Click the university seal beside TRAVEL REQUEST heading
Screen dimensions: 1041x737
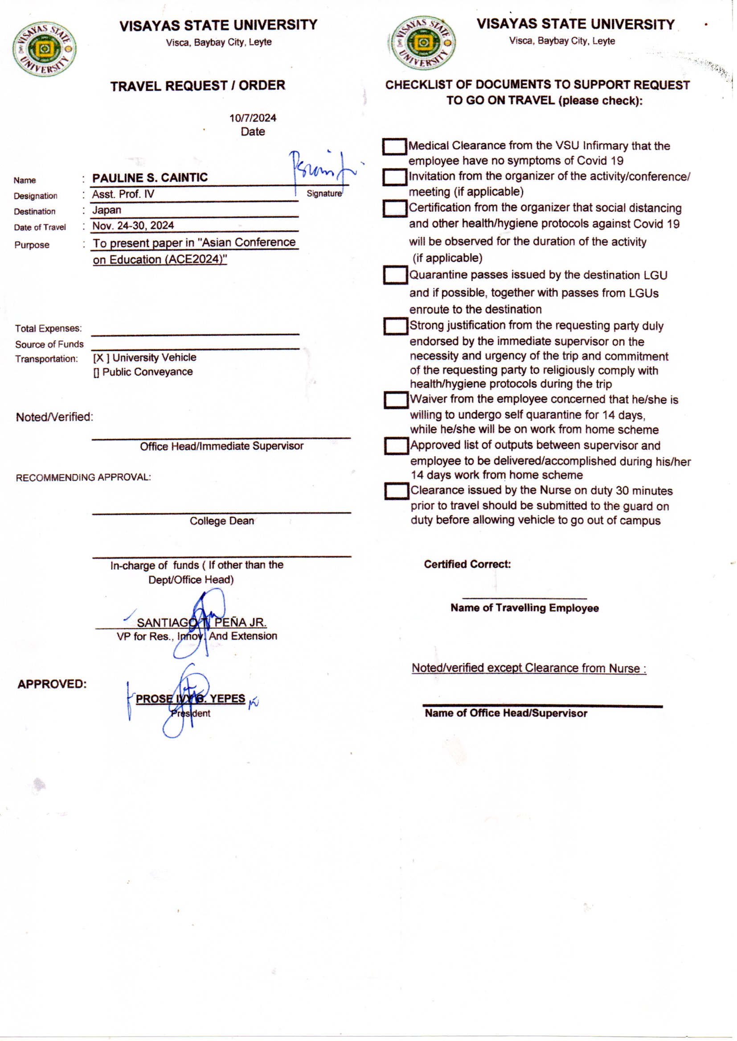point(44,49)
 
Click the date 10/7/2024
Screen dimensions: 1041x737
point(253,118)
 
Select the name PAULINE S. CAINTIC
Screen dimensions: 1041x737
point(150,177)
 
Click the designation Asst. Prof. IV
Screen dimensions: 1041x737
point(123,194)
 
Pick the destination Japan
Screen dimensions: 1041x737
point(106,210)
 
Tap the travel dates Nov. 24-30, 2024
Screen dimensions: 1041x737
point(133,225)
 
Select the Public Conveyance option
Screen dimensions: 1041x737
point(147,372)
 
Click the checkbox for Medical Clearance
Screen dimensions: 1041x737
point(394,146)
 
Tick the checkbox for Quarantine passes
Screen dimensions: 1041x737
point(395,275)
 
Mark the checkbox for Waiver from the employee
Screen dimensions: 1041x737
point(396,400)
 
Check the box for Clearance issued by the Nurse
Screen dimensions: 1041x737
point(397,491)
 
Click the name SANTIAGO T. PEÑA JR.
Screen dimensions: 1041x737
point(201,622)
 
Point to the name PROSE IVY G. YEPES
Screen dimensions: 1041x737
point(190,699)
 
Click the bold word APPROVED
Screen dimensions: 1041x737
point(52,684)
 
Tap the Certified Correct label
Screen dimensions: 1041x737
point(467,565)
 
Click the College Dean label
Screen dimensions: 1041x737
point(221,521)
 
